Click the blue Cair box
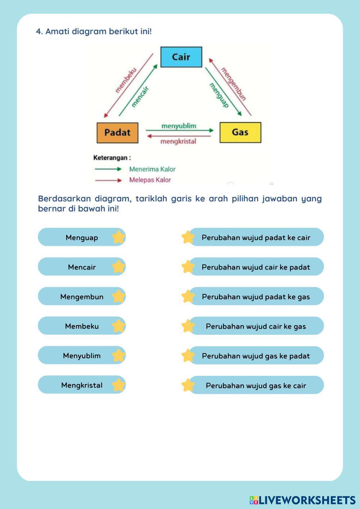coord(181,57)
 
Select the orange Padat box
coord(117,132)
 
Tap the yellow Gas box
coord(240,132)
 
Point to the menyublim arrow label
coord(179,126)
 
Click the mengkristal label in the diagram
coord(178,141)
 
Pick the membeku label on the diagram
coord(126,80)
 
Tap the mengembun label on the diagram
coord(233,84)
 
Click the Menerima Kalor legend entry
coord(152,169)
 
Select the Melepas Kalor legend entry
coord(150,180)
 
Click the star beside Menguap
coord(118,237)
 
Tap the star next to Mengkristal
coord(118,385)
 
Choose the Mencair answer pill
coord(82,267)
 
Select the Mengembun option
coord(82,297)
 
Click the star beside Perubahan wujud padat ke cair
coord(188,237)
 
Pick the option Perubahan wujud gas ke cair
coord(256,385)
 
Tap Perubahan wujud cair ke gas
coord(256,326)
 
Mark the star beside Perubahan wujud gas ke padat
coord(188,356)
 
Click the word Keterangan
coord(112,158)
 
